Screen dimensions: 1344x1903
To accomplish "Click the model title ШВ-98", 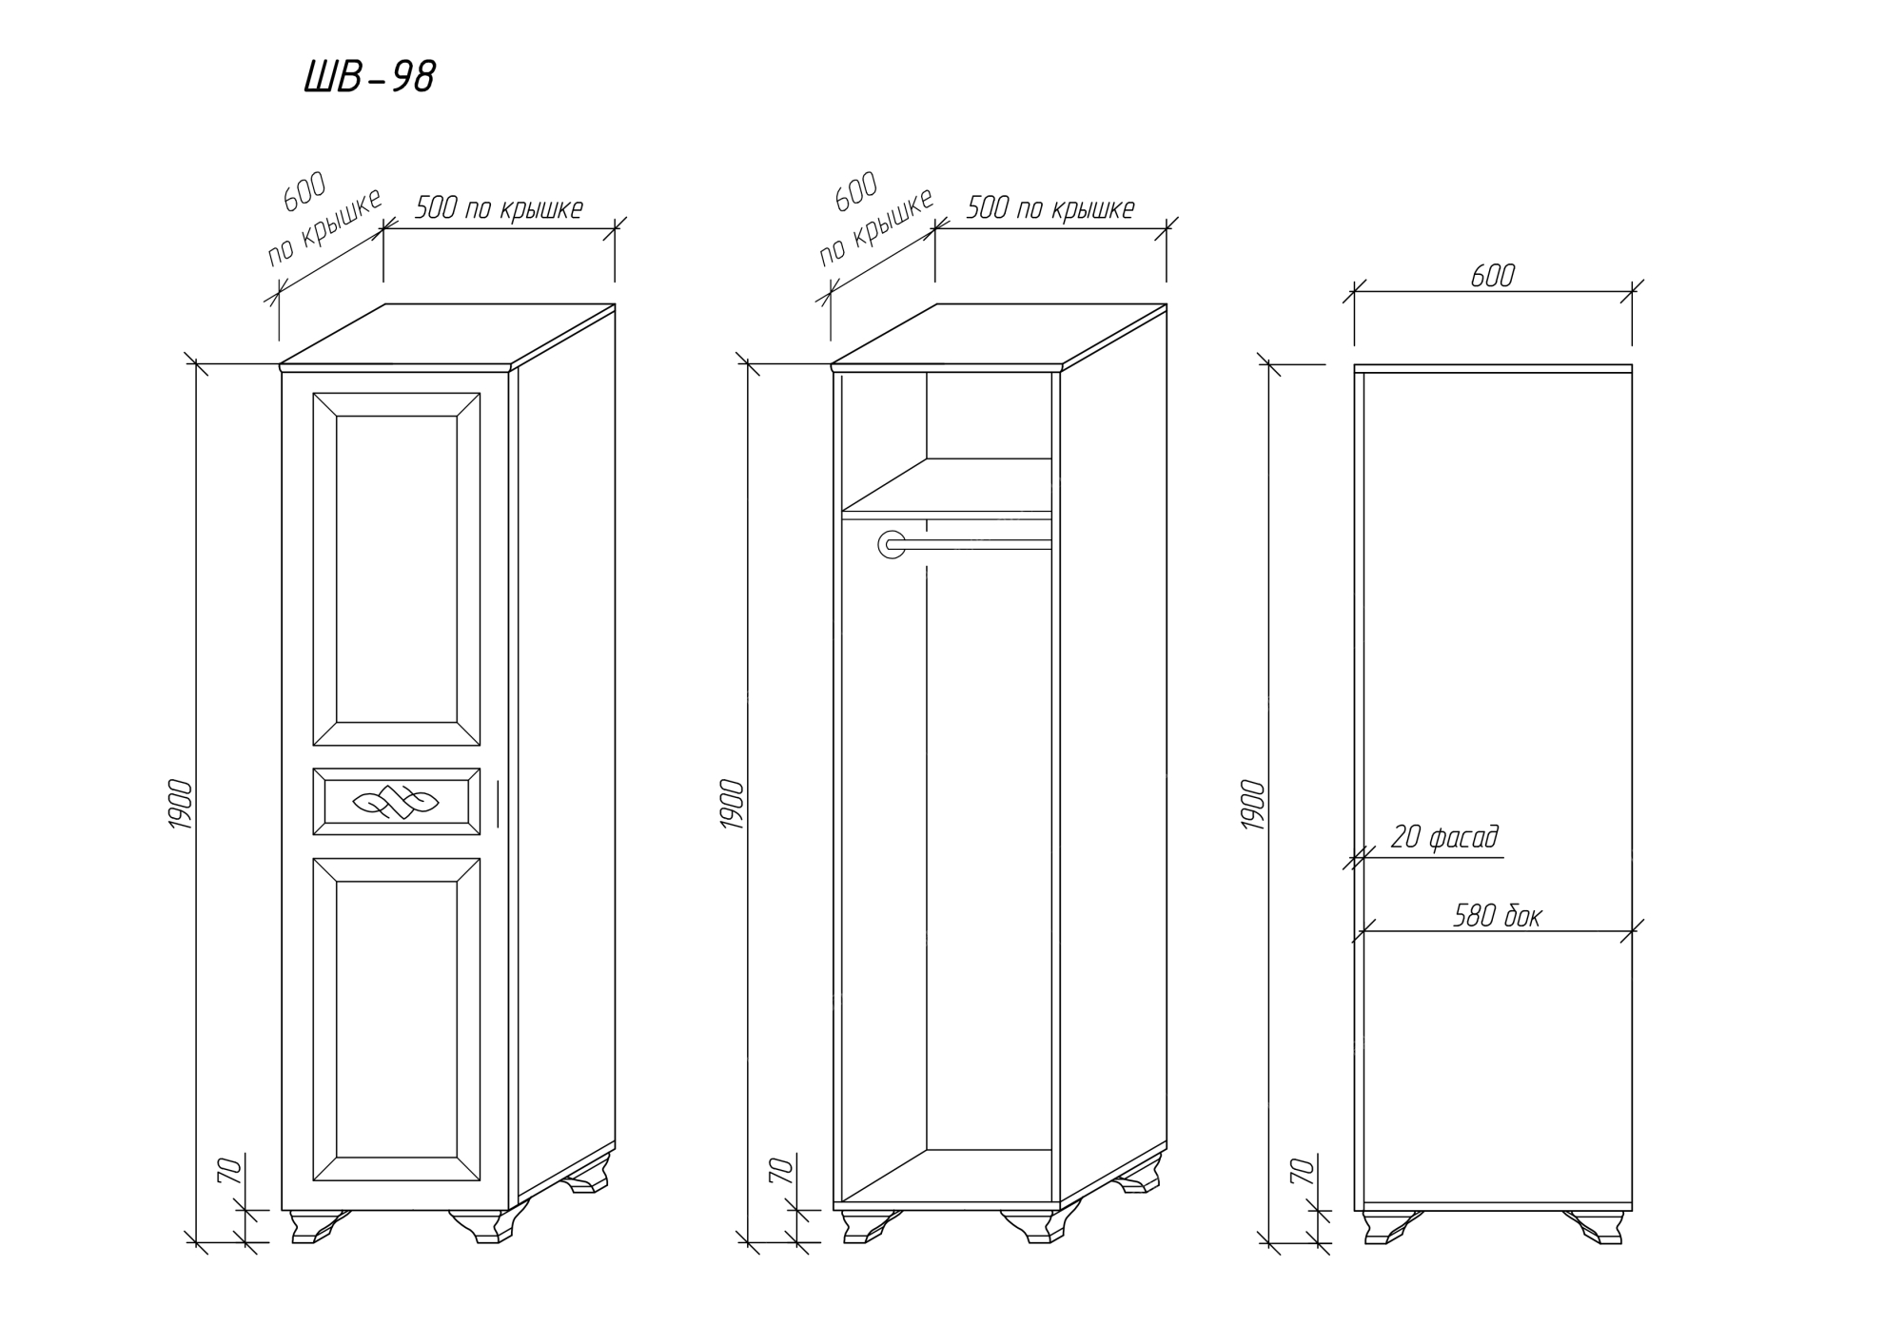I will tap(369, 77).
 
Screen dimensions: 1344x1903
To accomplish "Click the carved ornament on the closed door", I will tap(396, 802).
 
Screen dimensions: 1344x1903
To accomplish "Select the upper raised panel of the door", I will tap(396, 569).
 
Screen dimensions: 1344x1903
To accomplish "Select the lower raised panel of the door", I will tap(396, 1019).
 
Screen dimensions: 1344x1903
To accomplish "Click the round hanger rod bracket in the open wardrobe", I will tap(892, 544).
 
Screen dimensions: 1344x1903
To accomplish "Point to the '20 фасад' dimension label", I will tap(1443, 837).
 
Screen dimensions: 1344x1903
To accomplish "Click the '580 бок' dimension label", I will tap(1497, 916).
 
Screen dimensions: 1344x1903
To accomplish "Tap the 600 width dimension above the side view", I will tap(1492, 276).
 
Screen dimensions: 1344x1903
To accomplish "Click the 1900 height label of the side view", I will tap(1254, 805).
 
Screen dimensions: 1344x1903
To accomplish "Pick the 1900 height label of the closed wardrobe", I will tap(181, 805).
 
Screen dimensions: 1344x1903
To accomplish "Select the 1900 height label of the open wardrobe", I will tap(732, 805).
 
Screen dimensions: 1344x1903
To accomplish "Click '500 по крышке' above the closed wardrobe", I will tap(499, 208).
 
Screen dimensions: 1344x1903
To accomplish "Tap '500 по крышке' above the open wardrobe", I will tap(1050, 208).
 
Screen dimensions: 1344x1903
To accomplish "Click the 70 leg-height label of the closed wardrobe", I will tap(229, 1171).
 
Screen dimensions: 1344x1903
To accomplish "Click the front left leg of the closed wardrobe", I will tap(316, 1226).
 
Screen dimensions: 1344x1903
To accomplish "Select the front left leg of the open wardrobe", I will tap(868, 1226).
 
